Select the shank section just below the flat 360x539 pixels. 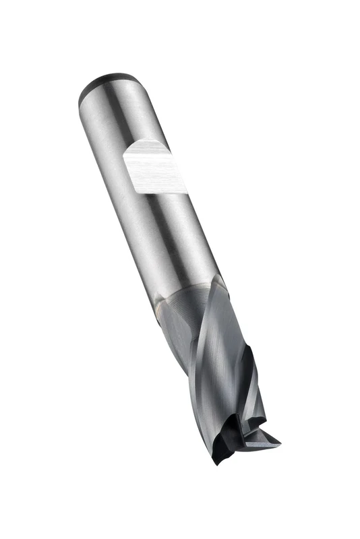point(172,229)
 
